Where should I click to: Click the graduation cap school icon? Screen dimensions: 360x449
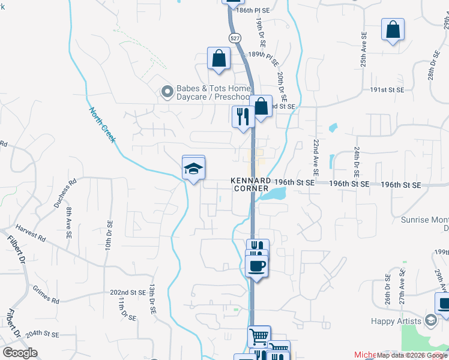(x=193, y=168)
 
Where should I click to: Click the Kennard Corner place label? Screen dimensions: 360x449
(x=251, y=185)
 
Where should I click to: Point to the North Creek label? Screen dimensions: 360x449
(x=103, y=125)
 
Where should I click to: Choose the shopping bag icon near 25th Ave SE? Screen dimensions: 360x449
(x=393, y=30)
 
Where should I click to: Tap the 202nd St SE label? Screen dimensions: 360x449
(x=128, y=292)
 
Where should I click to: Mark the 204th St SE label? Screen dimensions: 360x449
(x=42, y=333)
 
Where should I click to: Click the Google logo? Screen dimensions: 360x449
(x=20, y=353)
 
